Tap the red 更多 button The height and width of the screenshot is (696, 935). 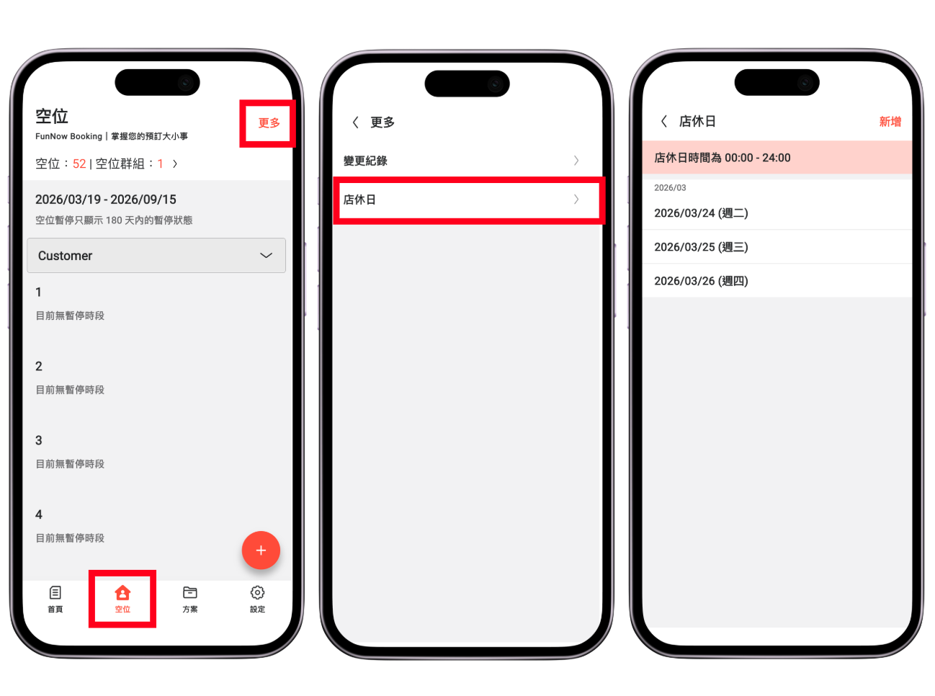tap(269, 122)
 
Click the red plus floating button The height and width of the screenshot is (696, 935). tap(261, 550)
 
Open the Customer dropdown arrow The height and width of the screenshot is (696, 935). tap(266, 255)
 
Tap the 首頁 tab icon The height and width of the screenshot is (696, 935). tap(55, 592)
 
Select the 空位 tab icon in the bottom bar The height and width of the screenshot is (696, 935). tap(122, 592)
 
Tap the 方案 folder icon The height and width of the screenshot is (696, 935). tap(189, 592)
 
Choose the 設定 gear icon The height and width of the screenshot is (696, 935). tap(257, 592)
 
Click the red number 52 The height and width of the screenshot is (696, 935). tap(79, 164)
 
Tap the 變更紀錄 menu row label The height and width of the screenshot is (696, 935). tap(365, 161)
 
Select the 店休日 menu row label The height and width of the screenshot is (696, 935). tap(359, 200)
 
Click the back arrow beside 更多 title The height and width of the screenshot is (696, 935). tap(355, 122)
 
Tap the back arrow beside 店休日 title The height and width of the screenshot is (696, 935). tap(663, 121)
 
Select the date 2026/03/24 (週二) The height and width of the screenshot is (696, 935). tap(701, 213)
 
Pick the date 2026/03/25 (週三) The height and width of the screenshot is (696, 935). tap(701, 246)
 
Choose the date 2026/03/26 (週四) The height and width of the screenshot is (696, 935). tap(701, 280)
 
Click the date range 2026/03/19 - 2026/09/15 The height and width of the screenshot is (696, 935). tap(105, 200)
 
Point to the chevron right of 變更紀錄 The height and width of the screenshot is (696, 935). tap(576, 160)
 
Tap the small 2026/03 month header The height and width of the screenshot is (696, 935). tap(669, 188)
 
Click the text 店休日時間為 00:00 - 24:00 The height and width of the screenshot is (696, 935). tap(722, 158)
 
